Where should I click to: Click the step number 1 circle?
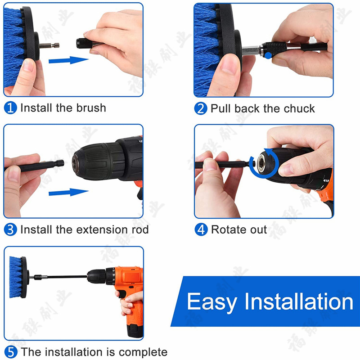click(10, 108)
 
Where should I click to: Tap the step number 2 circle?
click(201, 108)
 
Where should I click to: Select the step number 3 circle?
click(10, 229)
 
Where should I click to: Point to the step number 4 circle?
click(201, 229)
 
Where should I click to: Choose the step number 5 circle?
click(10, 351)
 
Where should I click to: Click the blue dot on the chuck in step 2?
click(269, 55)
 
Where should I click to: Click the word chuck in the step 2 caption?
click(299, 108)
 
